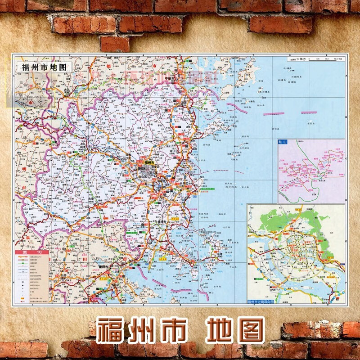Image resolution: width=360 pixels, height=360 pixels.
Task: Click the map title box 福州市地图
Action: (x=44, y=66)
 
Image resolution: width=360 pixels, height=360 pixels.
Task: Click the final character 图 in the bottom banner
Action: (x=247, y=331)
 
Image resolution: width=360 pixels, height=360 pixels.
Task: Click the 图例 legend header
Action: (x=31, y=252)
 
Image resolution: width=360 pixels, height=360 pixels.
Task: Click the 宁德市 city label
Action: (x=171, y=78)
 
